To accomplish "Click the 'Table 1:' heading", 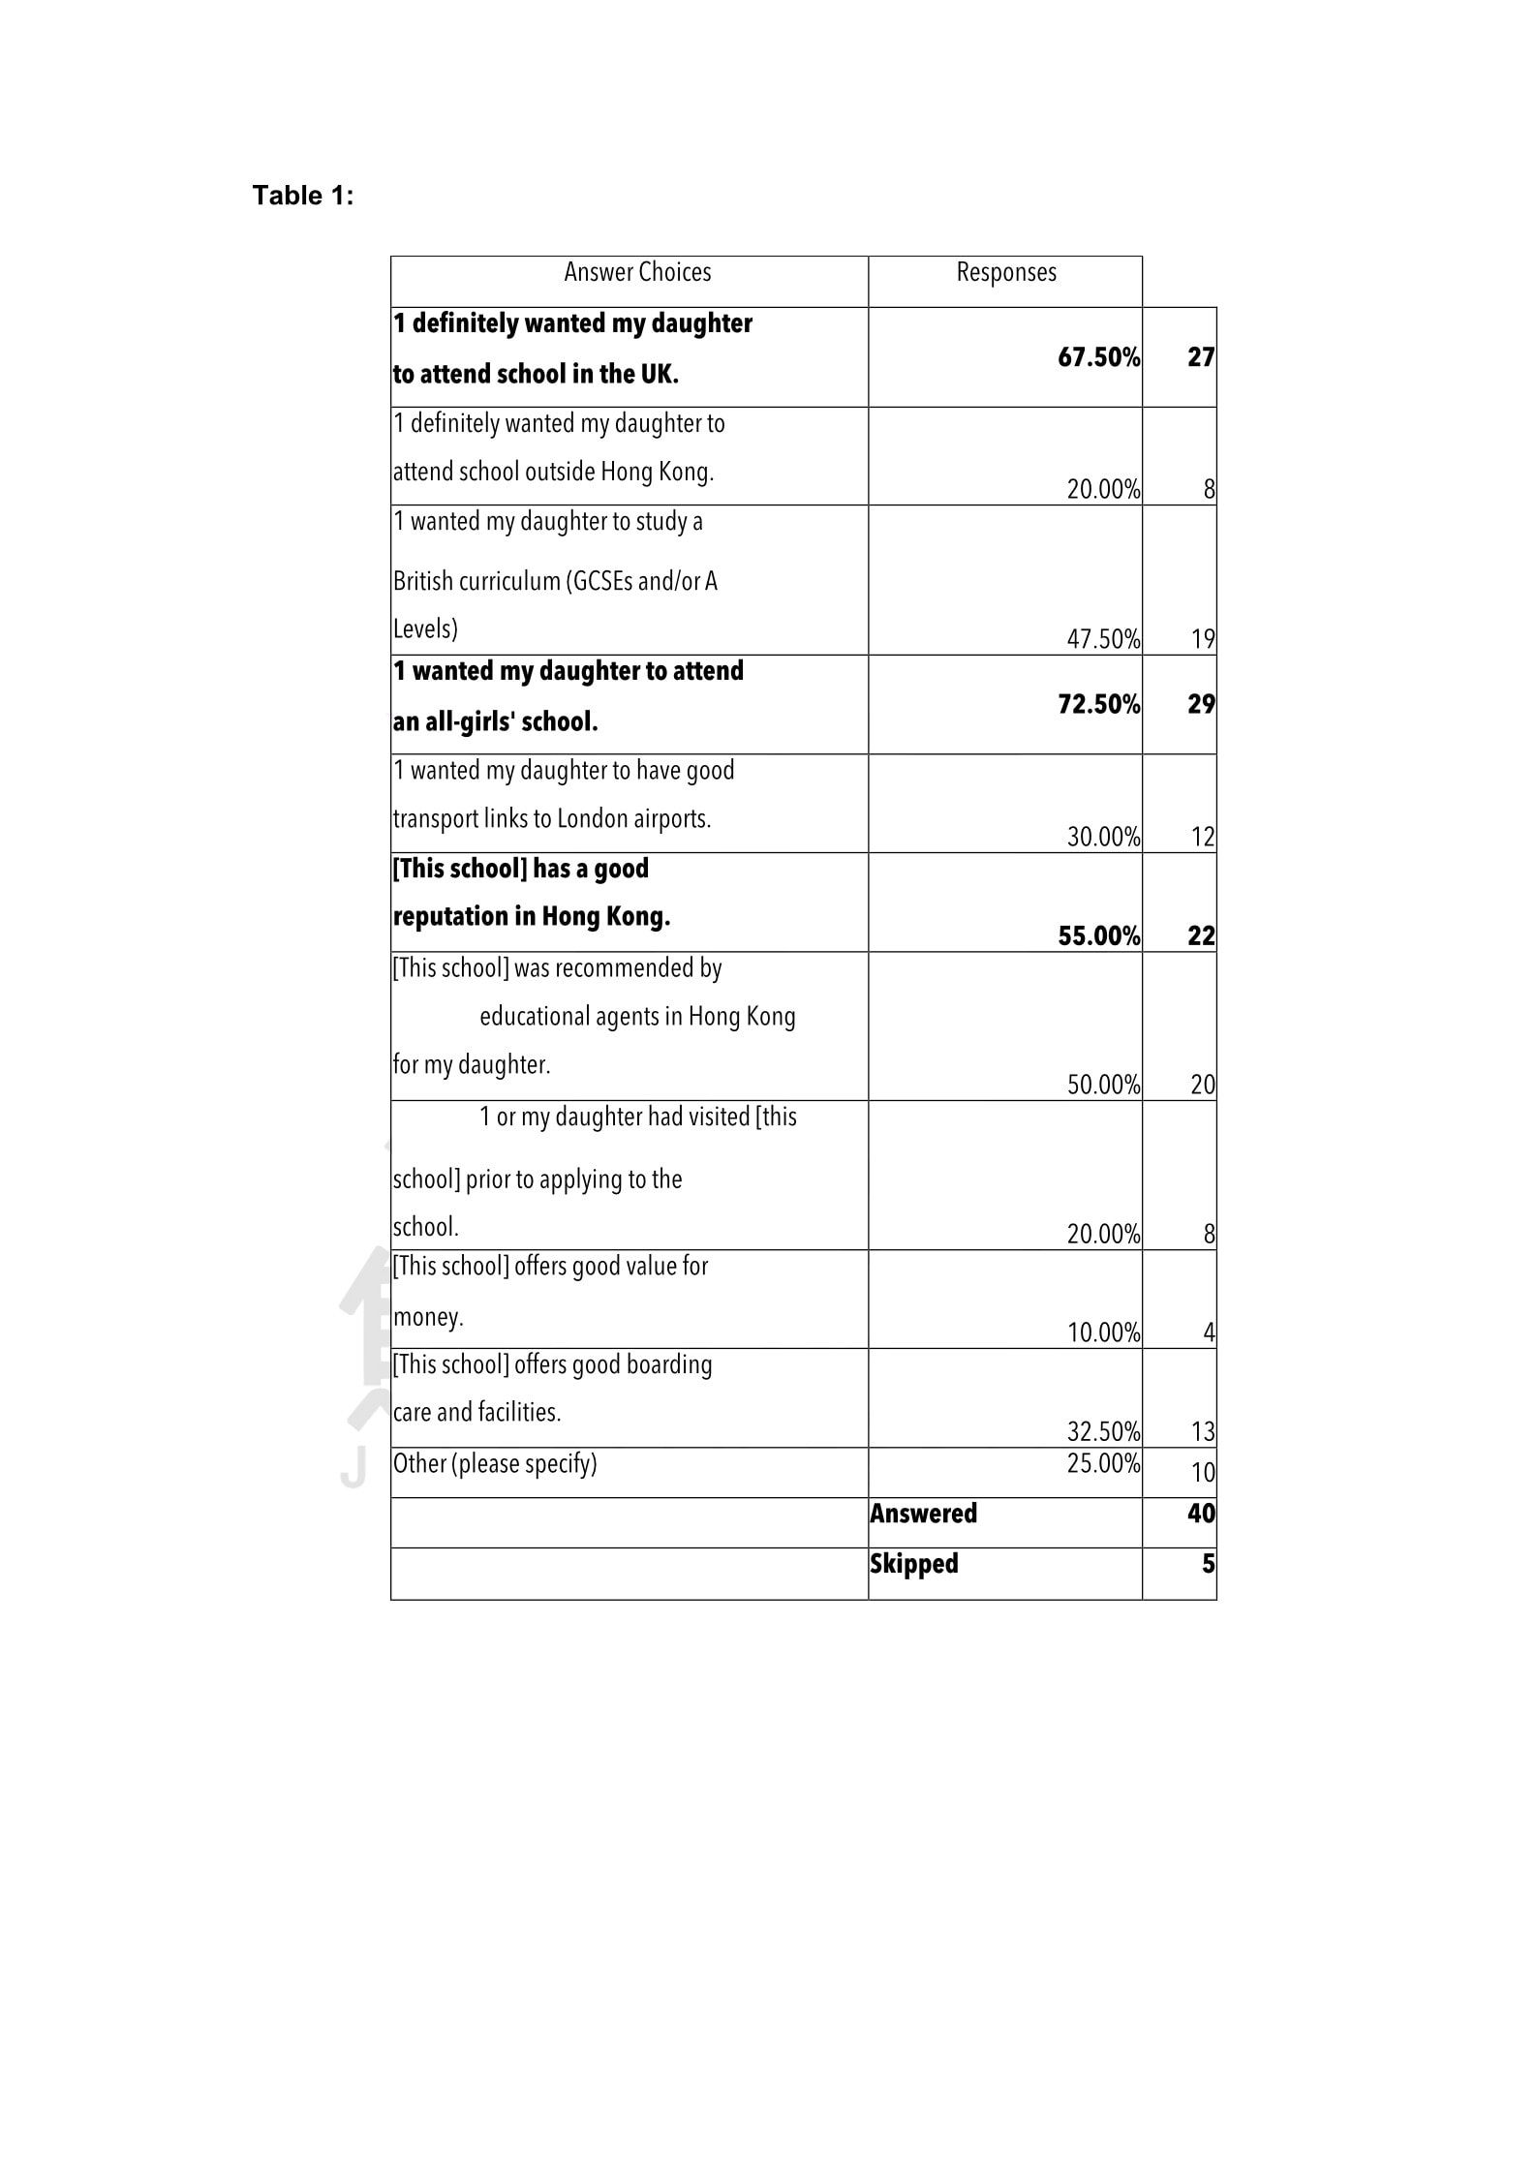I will pos(303,196).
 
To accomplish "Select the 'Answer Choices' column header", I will pos(637,273).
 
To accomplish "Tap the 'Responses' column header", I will pos(1006,273).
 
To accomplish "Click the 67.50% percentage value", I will pos(1098,357).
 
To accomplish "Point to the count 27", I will pos(1201,357).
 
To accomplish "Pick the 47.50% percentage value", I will pos(1103,639).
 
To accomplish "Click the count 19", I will pos(1203,639).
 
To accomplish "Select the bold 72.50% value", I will pos(1098,704).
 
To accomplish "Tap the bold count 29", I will pos(1201,704).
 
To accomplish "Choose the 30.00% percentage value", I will pos(1103,837).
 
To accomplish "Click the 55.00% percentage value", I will pos(1098,935).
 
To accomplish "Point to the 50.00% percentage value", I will pos(1103,1085).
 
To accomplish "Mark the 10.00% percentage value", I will pos(1103,1332).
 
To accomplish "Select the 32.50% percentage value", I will pos(1103,1431).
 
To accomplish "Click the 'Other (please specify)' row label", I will pos(495,1463).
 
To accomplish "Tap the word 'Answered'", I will pos(923,1514).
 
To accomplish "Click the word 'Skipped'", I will pos(913,1564).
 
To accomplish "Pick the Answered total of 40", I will pos(1201,1514).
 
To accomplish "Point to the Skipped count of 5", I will pos(1208,1564).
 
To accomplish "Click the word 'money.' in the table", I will pos(428,1317).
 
